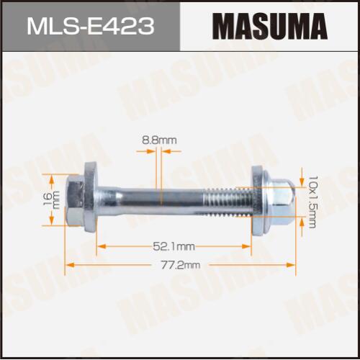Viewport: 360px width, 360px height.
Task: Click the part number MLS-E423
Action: coord(91,26)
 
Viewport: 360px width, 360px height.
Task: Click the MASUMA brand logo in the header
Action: coord(270,27)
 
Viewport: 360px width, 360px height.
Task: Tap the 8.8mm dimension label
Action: coord(159,140)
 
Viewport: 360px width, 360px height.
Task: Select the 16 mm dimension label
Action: coord(51,199)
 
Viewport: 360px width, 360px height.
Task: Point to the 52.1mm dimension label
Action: coord(174,246)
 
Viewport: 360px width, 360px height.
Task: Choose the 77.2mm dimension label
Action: coord(181,265)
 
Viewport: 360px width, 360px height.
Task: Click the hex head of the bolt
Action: coord(74,200)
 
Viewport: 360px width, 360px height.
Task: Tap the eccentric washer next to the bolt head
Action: coord(91,197)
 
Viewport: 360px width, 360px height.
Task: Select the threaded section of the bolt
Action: coord(228,200)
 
